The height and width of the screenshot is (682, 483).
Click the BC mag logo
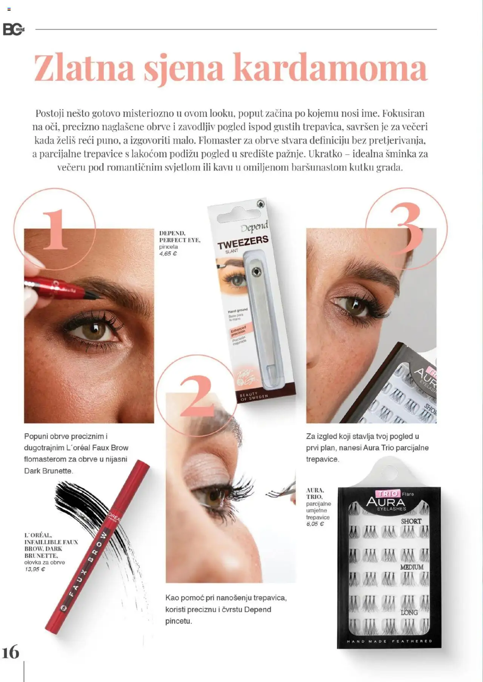pyautogui.click(x=14, y=29)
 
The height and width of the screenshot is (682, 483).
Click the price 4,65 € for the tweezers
pyautogui.click(x=168, y=254)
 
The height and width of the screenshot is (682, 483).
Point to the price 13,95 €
pyautogui.click(x=35, y=569)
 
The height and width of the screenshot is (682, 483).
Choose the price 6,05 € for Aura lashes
pyautogui.click(x=315, y=524)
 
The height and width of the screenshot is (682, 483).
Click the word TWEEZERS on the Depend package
pyautogui.click(x=243, y=242)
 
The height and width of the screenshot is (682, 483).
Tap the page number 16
pyautogui.click(x=11, y=652)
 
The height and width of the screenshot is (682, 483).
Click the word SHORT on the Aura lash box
pyautogui.click(x=411, y=521)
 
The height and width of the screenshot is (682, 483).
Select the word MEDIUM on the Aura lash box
pyautogui.click(x=412, y=567)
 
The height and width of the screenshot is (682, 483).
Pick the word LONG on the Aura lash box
pyautogui.click(x=409, y=613)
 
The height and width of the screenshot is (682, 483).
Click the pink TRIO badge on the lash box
pyautogui.click(x=388, y=493)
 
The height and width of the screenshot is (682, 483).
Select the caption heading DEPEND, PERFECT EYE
pyautogui.click(x=179, y=236)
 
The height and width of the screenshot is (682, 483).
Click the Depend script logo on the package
pyautogui.click(x=254, y=227)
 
